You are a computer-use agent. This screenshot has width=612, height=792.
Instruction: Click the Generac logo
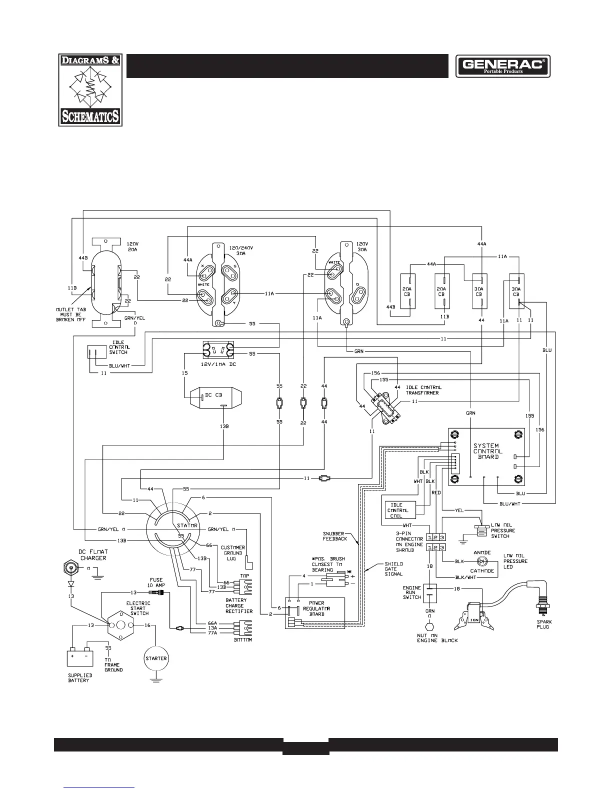502,66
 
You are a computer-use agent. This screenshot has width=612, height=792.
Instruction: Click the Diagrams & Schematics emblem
90,90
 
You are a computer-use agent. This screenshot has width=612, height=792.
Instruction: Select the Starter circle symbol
156,658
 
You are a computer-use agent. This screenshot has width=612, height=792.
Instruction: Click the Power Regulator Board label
316,608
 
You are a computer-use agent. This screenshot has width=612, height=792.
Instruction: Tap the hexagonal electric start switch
120,625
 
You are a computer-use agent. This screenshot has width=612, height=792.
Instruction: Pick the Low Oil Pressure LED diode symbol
482,561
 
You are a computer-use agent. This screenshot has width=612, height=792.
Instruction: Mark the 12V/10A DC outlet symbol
217,349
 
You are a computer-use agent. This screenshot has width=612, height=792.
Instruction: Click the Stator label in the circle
187,525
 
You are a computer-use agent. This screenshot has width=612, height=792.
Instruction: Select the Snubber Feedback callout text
335,536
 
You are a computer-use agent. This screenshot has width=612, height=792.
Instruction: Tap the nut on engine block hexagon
428,626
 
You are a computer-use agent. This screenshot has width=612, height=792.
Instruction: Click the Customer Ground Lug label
232,553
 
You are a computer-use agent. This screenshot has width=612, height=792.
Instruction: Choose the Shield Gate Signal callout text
394,569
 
